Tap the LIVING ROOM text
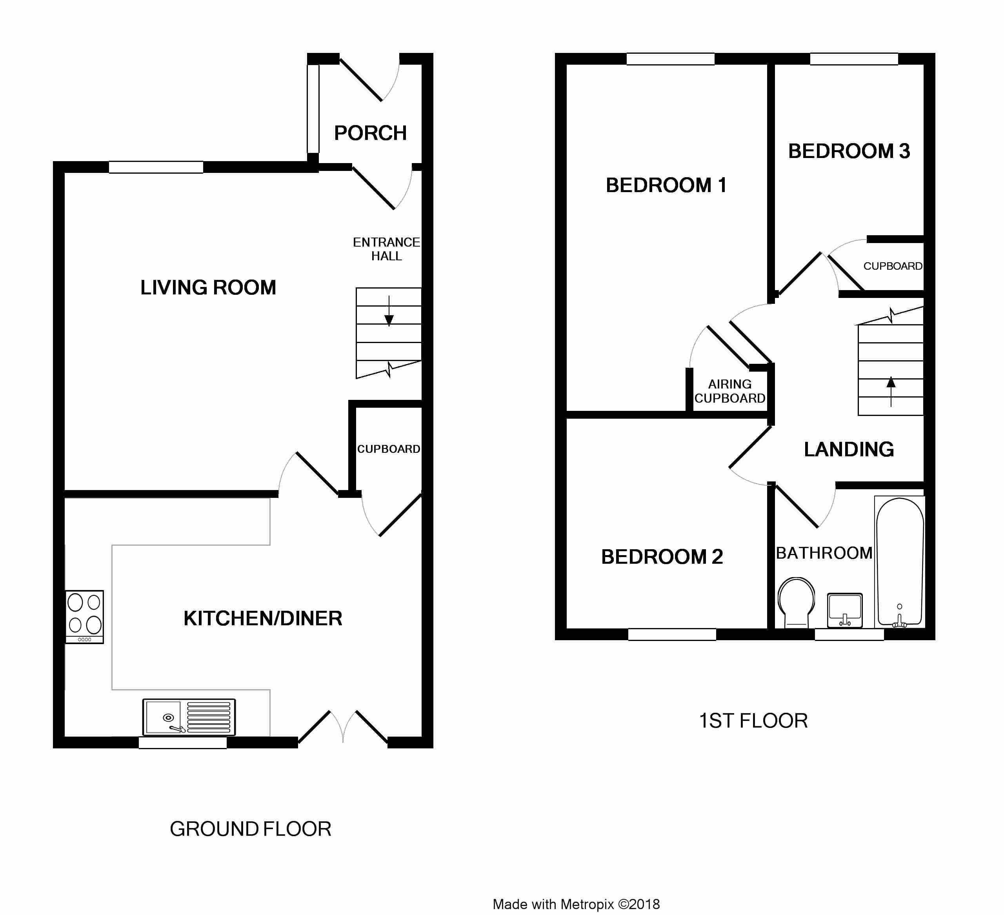tap(208, 287)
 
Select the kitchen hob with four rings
tap(85, 617)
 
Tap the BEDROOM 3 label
tap(849, 151)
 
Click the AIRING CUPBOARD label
tap(730, 391)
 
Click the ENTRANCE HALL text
tap(386, 249)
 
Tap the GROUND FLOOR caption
tap(251, 829)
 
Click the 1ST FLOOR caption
tap(753, 721)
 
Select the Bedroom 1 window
tap(670, 59)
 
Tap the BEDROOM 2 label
tap(662, 557)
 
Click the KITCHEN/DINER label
tap(263, 618)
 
